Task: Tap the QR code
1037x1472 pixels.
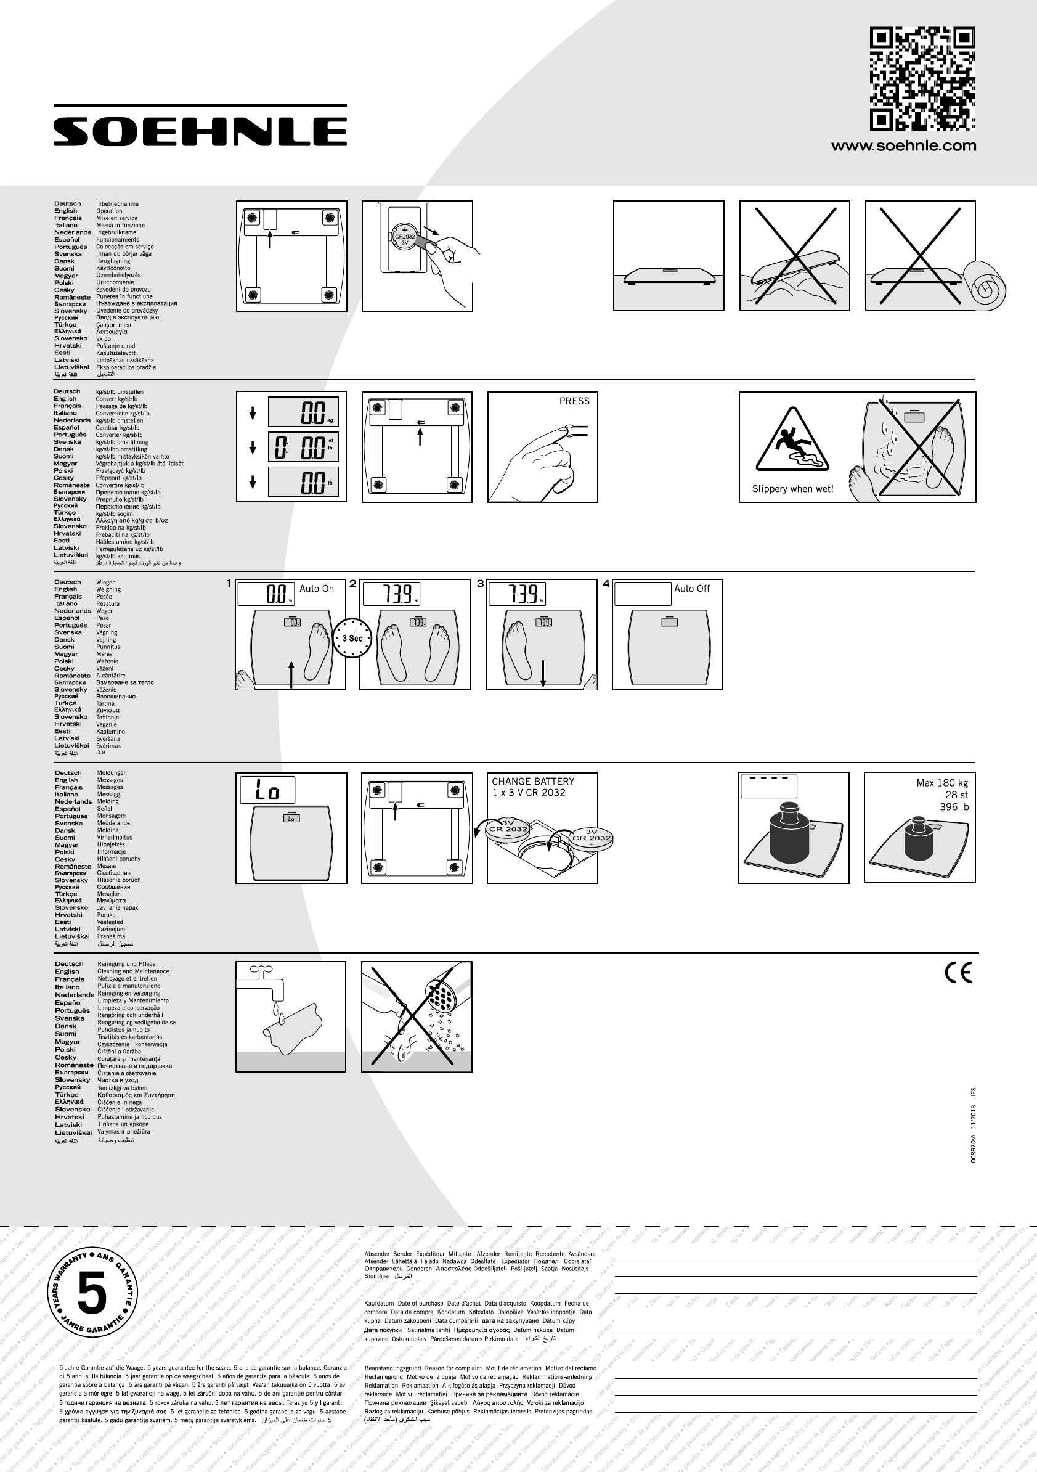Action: (x=922, y=79)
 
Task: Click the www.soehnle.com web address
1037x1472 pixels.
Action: (x=904, y=146)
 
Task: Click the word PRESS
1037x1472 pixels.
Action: (x=574, y=401)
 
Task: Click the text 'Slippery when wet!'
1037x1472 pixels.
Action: (x=793, y=489)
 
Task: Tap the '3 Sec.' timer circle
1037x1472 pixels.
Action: (x=352, y=638)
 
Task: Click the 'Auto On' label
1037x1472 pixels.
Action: (x=317, y=589)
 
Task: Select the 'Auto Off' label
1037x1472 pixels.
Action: (x=691, y=589)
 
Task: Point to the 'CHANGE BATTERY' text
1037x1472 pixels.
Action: (x=532, y=782)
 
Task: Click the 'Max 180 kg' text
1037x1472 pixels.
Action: (x=941, y=783)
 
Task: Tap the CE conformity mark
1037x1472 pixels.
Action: (x=958, y=973)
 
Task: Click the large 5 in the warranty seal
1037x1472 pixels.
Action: (x=91, y=1294)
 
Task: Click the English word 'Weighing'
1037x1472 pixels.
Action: (x=108, y=590)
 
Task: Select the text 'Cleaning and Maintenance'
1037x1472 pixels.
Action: (x=133, y=972)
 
